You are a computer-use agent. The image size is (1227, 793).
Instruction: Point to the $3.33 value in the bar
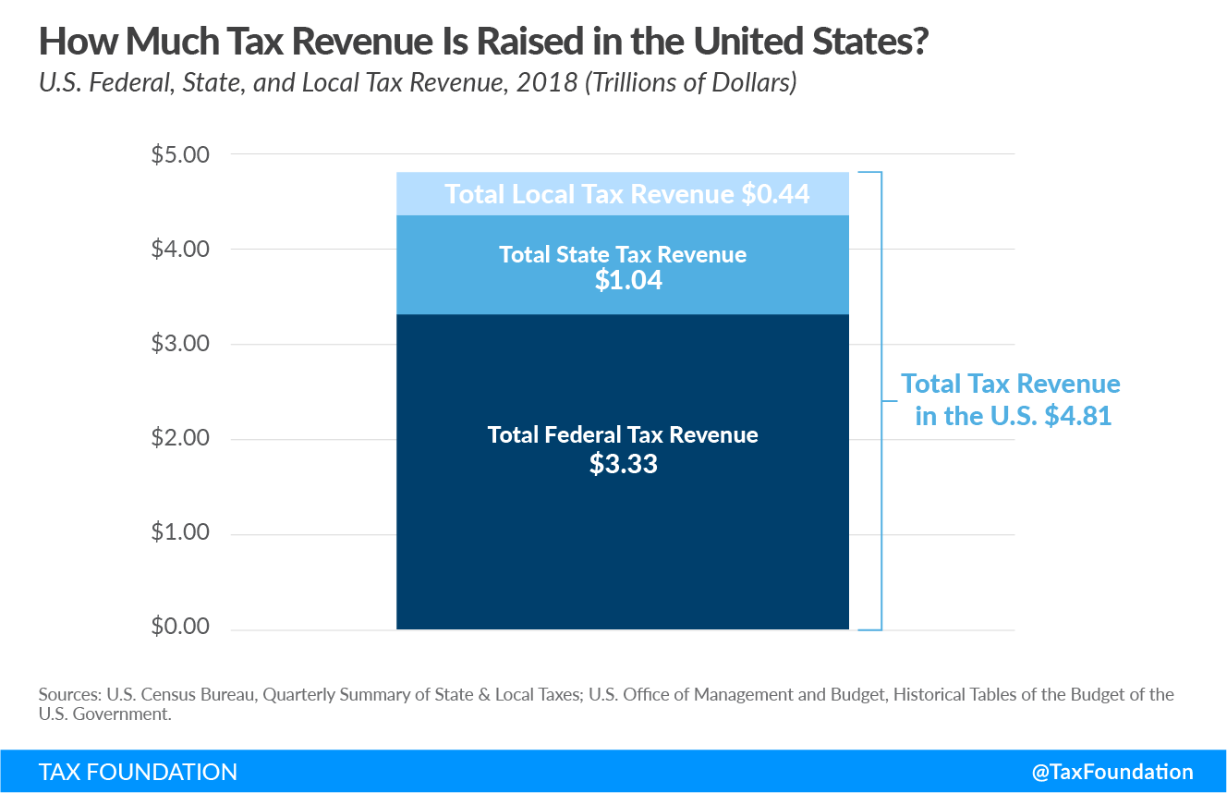623,463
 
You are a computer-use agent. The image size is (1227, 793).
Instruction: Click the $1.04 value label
628,280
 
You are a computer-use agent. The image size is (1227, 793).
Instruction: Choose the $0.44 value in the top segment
777,194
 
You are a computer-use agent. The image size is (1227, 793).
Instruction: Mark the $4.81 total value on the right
1077,416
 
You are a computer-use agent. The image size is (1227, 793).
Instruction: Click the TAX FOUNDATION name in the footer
138,772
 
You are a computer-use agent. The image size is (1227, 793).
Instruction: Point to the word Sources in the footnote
70,695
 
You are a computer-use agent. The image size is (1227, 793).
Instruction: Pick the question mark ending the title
917,43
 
